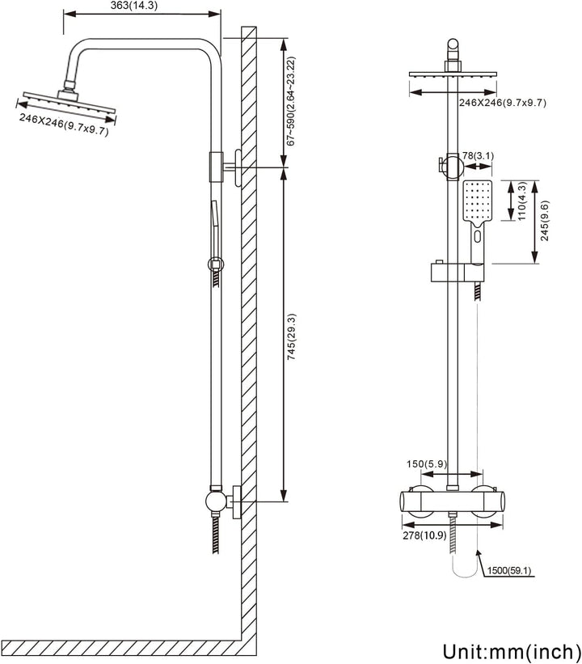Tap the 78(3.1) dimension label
[475, 156]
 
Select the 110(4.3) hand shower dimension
[522, 202]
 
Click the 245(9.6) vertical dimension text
[546, 221]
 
